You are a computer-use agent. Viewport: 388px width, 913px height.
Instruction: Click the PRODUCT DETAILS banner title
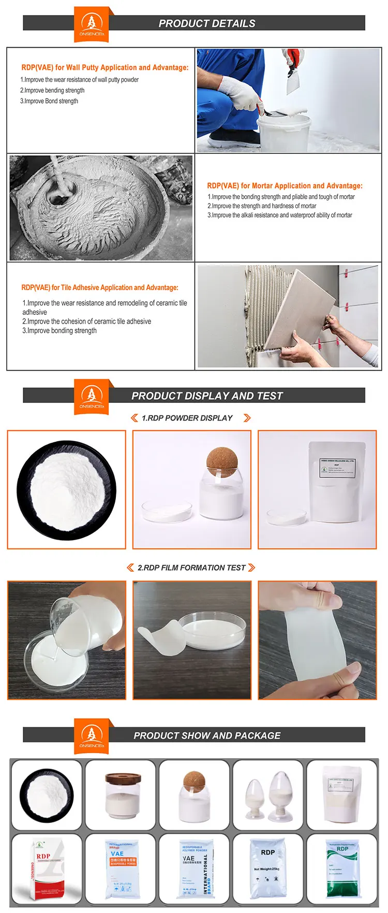coord(206,23)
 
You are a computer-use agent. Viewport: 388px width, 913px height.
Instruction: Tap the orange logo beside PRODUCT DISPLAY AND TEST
coord(92,396)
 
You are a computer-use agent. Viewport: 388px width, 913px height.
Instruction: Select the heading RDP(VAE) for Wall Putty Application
coord(105,67)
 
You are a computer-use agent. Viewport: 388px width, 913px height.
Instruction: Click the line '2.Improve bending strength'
coord(52,90)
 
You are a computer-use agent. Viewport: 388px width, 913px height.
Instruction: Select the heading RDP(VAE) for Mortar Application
coord(285,185)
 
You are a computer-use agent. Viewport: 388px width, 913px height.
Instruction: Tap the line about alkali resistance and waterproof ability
coord(279,215)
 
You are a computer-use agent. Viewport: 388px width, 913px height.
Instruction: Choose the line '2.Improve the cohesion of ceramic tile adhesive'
coord(87,321)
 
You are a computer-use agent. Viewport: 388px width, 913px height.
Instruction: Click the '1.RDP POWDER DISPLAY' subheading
coord(187,418)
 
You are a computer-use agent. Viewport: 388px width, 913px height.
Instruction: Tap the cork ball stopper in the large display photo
coord(222,461)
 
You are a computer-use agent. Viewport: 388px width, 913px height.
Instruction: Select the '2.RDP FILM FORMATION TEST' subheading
coord(191,568)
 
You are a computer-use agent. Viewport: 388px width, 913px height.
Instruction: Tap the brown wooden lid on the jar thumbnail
coord(123,779)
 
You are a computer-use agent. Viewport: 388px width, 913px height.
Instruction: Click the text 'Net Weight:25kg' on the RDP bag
coord(267,869)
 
